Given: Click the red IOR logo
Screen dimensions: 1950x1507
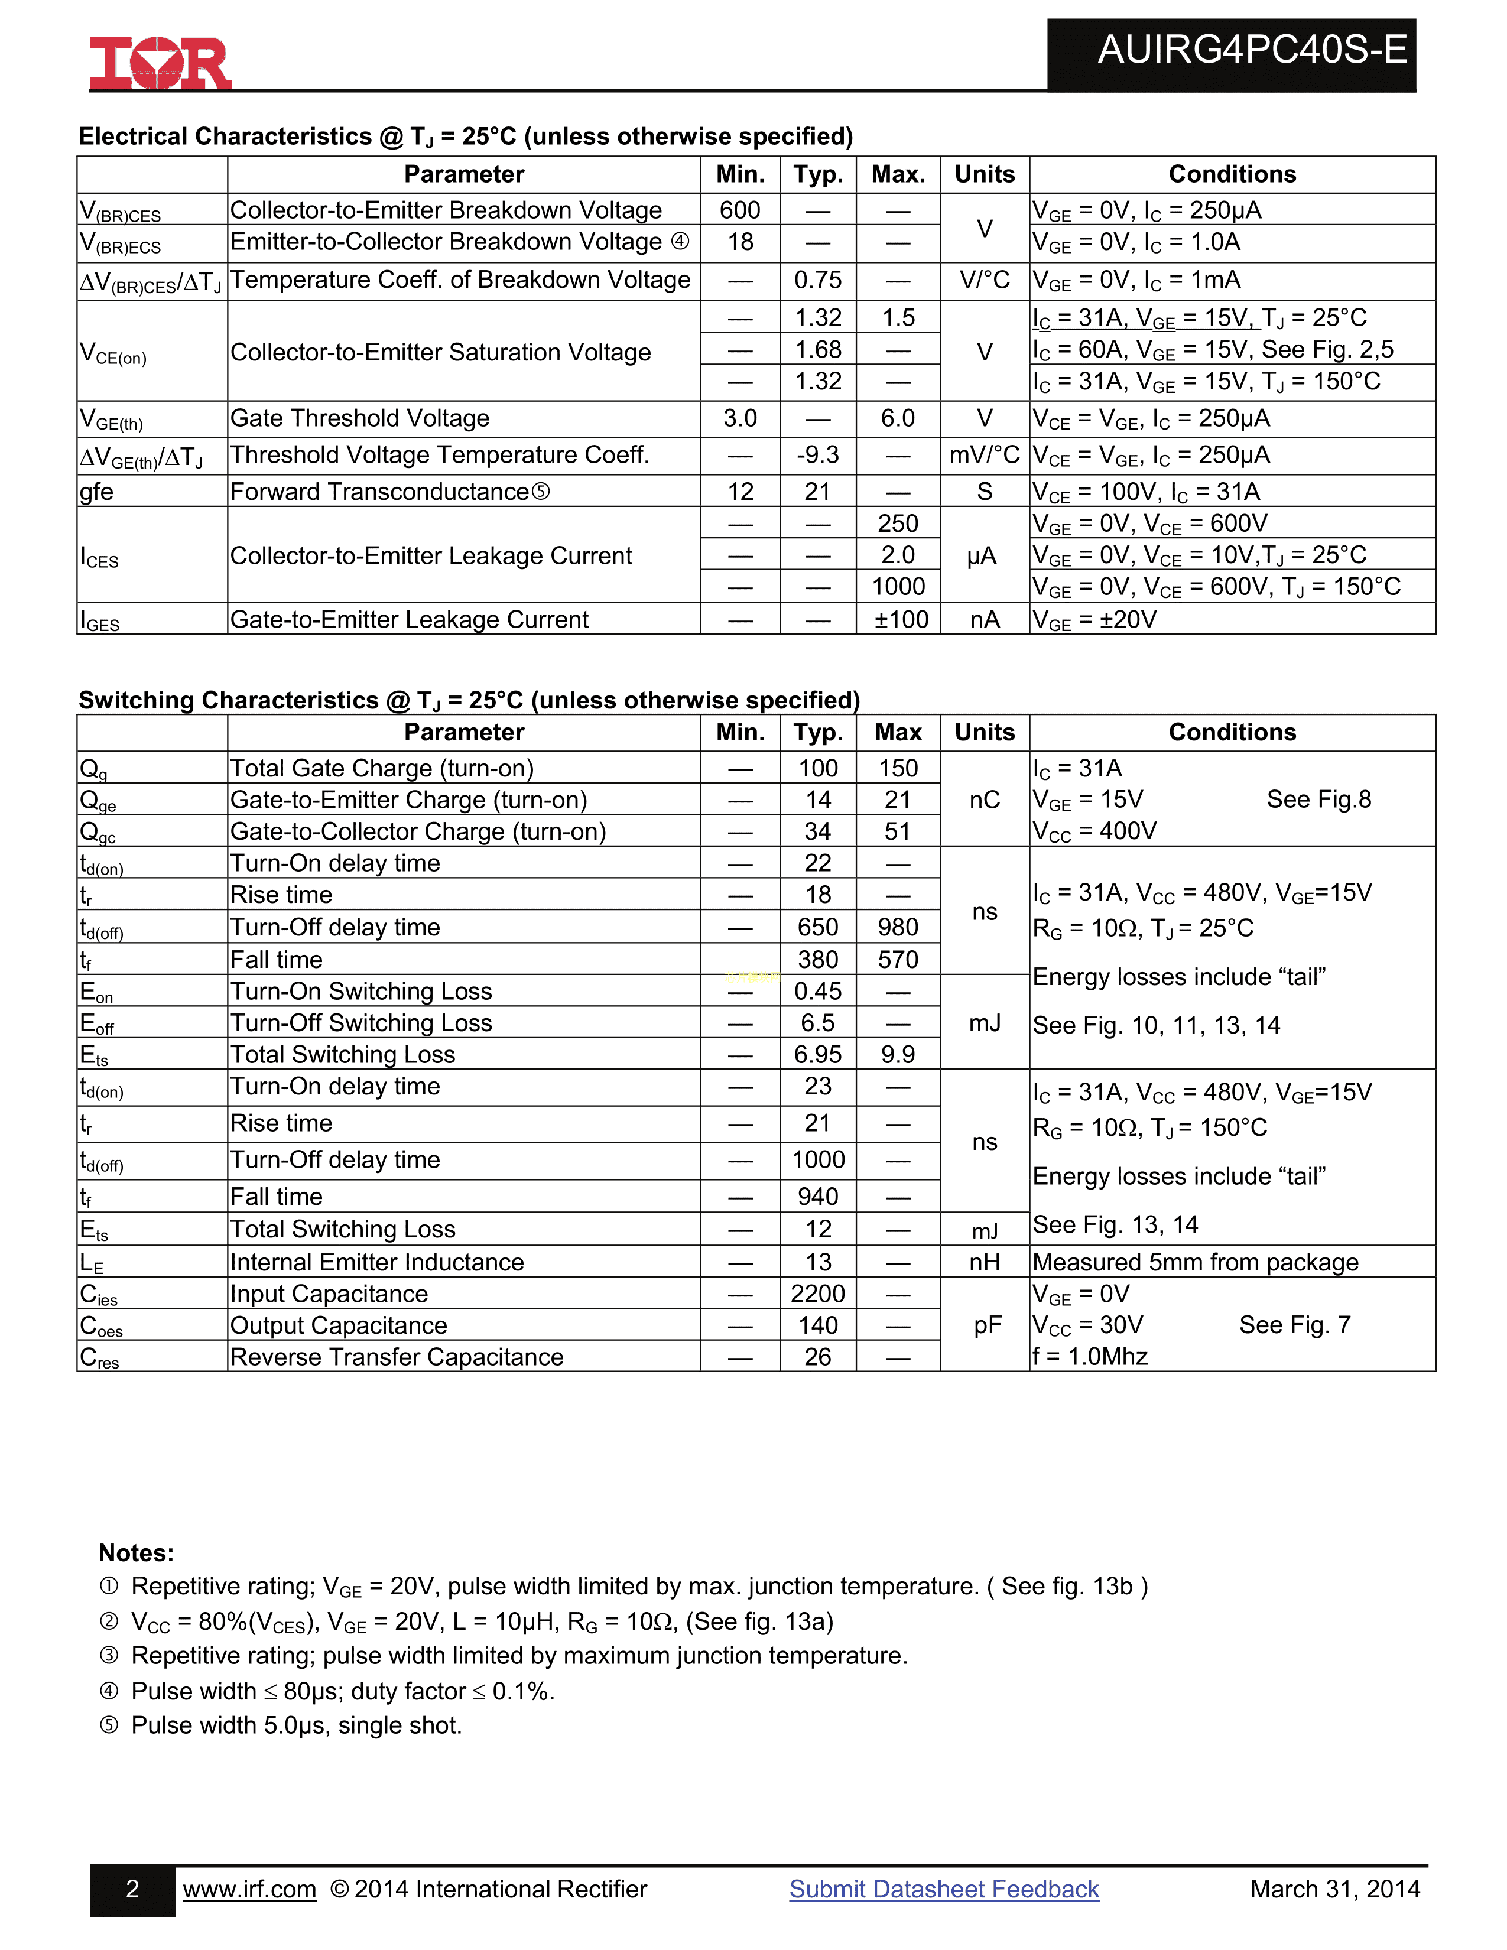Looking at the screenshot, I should click(x=161, y=63).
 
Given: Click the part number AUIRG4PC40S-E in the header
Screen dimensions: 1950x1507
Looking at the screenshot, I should click(x=1252, y=50).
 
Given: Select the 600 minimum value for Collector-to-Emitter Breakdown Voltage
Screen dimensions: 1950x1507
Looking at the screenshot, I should click(x=740, y=210).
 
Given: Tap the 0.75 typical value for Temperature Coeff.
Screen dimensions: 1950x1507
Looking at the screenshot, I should click(x=818, y=280).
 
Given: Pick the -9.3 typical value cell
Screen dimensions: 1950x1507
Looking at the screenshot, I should click(x=818, y=456).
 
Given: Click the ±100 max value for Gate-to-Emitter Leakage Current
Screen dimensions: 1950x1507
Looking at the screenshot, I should click(x=899, y=620).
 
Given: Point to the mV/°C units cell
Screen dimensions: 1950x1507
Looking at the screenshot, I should click(x=984, y=456).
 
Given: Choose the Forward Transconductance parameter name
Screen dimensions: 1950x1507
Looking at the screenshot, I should click(x=379, y=492).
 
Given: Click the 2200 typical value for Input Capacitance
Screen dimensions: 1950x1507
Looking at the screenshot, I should click(x=818, y=1293).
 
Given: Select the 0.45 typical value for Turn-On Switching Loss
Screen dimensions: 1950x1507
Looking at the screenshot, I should click(x=818, y=991).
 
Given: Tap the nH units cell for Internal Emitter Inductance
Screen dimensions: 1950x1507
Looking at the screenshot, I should click(x=985, y=1263).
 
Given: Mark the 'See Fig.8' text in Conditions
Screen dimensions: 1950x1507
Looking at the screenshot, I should click(x=1318, y=800).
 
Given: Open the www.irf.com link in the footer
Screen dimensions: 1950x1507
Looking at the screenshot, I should click(x=250, y=1889).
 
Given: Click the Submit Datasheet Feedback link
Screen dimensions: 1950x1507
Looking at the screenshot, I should click(x=944, y=1889).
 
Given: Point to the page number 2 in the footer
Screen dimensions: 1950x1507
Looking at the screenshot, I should click(x=132, y=1889).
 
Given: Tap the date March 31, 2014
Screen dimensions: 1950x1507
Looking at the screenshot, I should click(x=1334, y=1889).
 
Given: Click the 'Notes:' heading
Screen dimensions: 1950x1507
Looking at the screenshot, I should click(x=137, y=1553).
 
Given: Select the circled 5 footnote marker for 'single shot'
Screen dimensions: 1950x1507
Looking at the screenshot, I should click(x=109, y=1725).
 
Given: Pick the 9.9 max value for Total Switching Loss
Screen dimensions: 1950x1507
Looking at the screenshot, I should click(x=898, y=1054).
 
